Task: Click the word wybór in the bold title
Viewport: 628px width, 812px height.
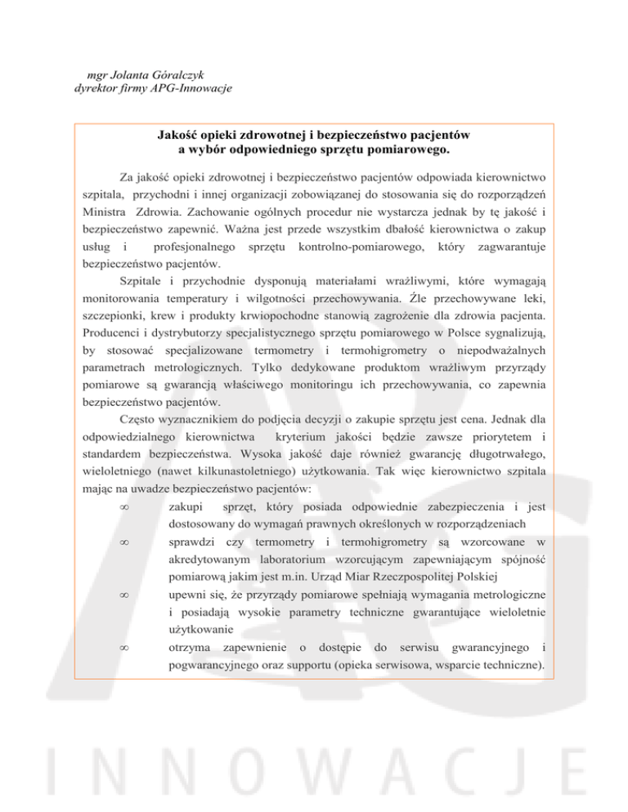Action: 208,149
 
